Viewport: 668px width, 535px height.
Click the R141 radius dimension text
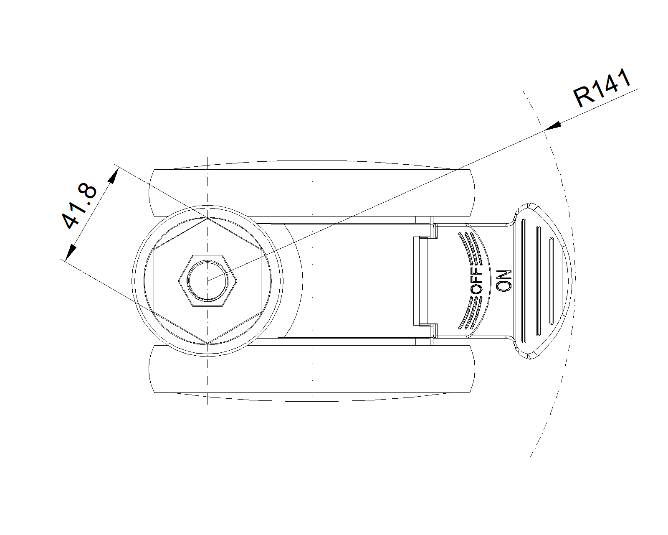[602, 88]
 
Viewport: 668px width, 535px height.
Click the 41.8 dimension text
[79, 206]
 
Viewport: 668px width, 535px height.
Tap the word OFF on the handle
[477, 281]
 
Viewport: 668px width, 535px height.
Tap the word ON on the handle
[504, 281]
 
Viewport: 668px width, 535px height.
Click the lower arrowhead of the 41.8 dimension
[71, 252]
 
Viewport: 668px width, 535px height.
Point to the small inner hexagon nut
[207, 281]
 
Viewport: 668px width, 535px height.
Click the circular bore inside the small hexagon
[207, 281]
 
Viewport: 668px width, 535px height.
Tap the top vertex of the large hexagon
[207, 218]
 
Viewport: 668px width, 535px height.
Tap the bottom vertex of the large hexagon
[207, 344]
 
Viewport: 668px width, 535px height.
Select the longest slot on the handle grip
[524, 281]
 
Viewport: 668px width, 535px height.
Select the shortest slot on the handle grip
[551, 281]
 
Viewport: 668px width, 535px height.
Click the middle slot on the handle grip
[538, 281]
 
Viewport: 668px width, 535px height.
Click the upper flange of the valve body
[312, 193]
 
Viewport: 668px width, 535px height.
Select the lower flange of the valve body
[312, 369]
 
